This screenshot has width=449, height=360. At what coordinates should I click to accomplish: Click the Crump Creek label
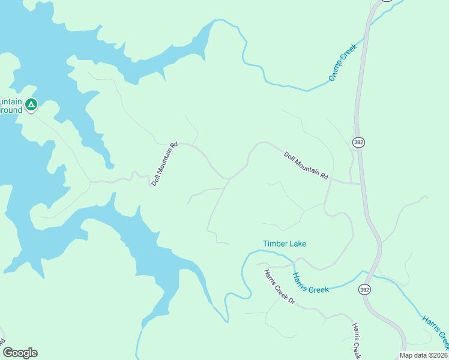pos(343,62)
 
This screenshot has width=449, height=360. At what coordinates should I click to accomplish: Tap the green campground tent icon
pos(31,105)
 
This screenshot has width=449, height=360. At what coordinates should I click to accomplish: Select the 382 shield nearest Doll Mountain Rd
pos(359,142)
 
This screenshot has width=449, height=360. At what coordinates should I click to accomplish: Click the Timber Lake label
pos(285,244)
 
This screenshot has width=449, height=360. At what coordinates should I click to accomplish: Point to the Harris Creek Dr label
pos(279,286)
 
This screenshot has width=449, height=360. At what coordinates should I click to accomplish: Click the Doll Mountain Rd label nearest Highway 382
pos(306,166)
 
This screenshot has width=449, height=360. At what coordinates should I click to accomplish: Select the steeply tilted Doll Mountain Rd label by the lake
pos(165,163)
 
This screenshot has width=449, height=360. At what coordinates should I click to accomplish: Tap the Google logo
pos(20,352)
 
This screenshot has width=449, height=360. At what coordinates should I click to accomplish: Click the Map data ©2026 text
pos(424,355)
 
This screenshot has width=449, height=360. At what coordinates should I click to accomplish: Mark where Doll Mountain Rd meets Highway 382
pos(361,184)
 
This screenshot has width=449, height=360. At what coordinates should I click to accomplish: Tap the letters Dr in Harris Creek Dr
pos(291,299)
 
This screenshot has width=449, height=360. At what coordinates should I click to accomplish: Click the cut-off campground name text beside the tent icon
pos(11,106)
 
